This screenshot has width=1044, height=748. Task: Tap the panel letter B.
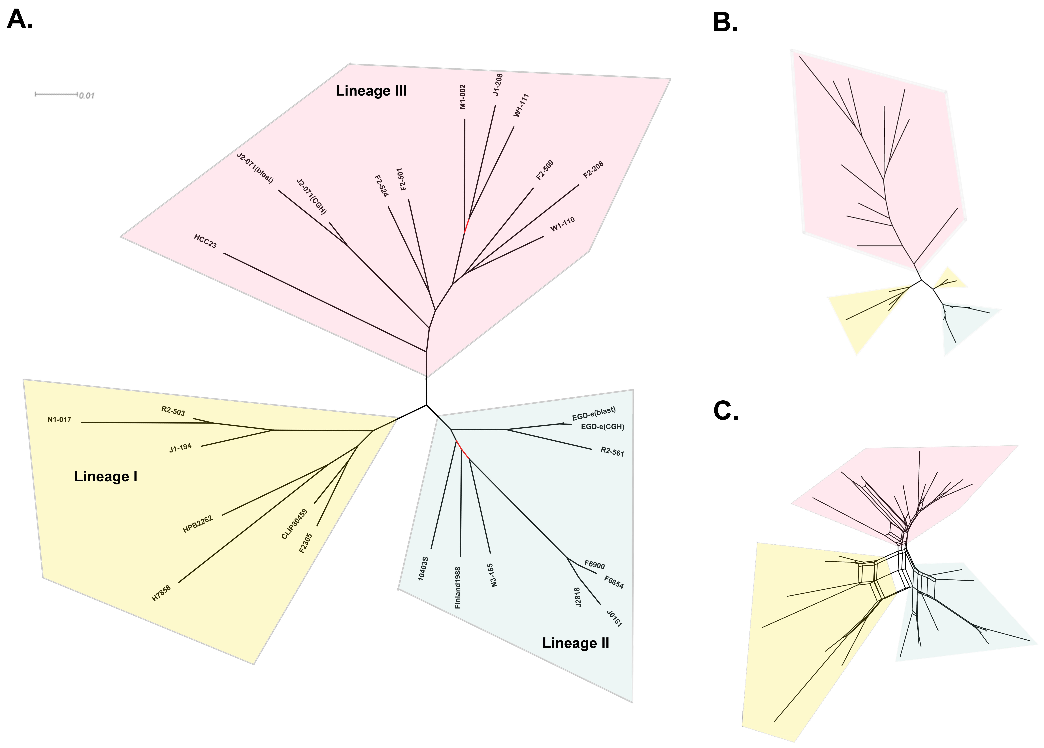click(x=725, y=22)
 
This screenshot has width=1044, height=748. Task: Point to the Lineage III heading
click(x=371, y=91)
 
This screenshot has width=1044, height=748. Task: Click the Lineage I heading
click(x=106, y=476)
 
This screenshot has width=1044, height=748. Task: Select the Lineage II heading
click(x=575, y=643)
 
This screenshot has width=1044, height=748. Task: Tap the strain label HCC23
click(x=205, y=241)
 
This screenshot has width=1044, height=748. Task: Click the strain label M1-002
click(x=463, y=97)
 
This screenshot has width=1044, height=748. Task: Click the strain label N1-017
click(x=59, y=420)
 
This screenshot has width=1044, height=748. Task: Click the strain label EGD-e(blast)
click(x=594, y=414)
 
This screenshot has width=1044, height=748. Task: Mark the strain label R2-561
click(x=612, y=452)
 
